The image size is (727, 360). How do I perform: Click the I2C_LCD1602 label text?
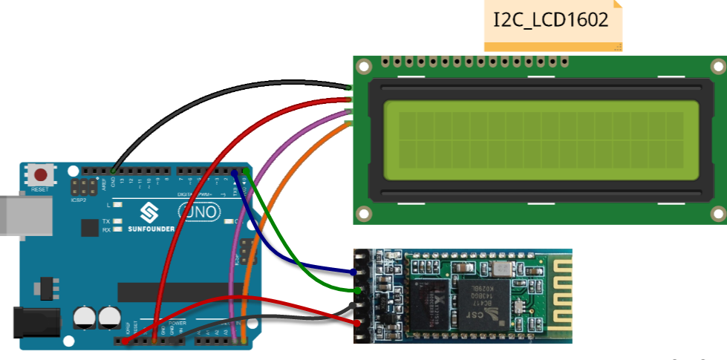(550, 19)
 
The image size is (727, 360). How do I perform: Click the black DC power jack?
(30, 321)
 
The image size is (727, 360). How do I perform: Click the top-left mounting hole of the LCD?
(363, 67)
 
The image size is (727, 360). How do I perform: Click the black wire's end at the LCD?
(349, 88)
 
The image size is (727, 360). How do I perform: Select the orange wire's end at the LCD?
(349, 124)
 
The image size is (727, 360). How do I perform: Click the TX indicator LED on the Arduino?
(117, 221)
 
